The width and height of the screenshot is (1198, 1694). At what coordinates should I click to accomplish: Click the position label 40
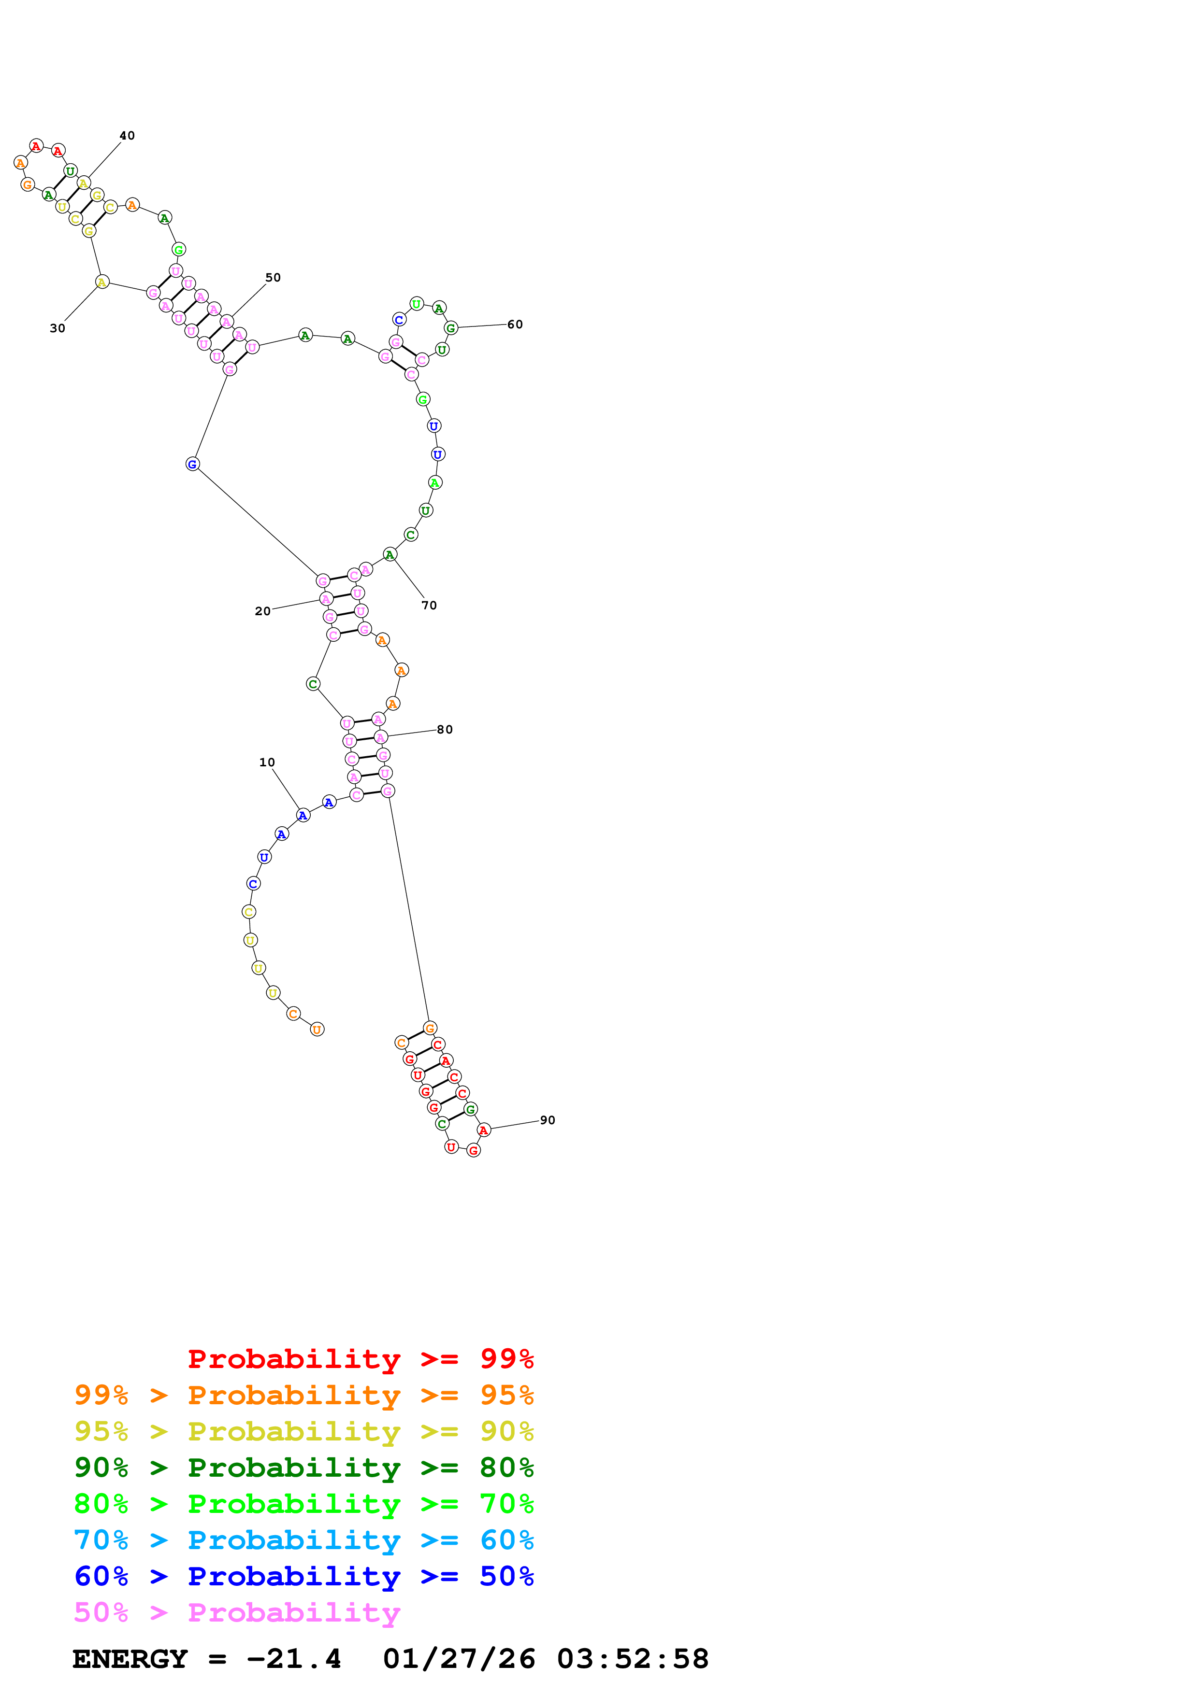(127, 136)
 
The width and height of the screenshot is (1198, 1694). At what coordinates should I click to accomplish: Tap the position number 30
(58, 328)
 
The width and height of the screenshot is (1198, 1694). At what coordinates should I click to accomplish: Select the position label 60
(515, 325)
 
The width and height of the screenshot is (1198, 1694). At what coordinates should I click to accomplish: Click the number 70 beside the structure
(429, 606)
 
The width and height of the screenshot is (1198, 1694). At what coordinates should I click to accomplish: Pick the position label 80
(445, 730)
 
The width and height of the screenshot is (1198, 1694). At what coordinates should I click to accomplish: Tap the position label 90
(547, 1120)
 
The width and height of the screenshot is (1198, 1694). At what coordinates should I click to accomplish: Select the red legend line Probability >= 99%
(360, 1359)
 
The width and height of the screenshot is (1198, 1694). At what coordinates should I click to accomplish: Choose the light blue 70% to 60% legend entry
(303, 1540)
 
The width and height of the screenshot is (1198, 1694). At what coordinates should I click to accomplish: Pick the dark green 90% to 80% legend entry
(303, 1468)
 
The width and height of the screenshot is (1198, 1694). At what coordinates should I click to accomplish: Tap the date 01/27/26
(459, 1659)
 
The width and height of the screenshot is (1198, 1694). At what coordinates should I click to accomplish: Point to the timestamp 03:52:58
(633, 1659)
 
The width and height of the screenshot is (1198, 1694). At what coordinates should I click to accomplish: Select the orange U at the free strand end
(317, 1029)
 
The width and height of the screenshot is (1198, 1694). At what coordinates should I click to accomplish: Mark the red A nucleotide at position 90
(483, 1130)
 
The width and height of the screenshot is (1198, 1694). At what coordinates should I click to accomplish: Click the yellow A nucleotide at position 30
(102, 282)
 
